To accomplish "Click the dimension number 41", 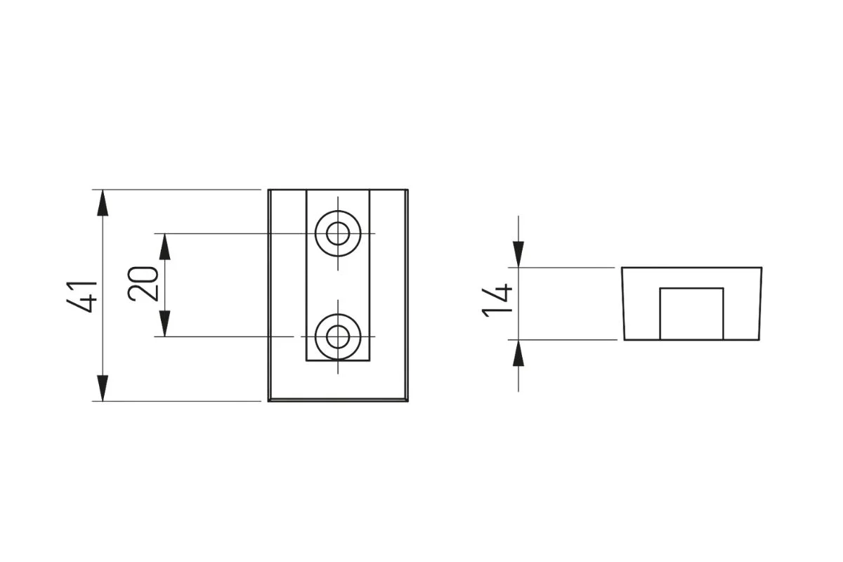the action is coord(82,296).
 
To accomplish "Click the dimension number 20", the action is coord(143,284).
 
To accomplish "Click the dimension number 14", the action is coord(497,301).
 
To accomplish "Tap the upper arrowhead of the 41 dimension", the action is coord(103,203).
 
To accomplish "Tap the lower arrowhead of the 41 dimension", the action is coord(103,388).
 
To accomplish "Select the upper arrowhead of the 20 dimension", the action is coord(165,247).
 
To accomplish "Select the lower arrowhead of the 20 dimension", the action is coord(165,323).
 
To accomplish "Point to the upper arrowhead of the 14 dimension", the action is coord(518,254).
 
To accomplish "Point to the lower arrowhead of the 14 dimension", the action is coord(518,353).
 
